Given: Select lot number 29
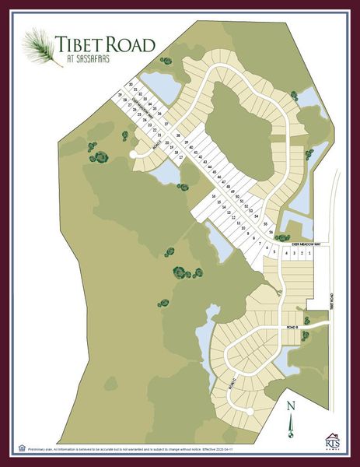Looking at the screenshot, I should click(x=121, y=94).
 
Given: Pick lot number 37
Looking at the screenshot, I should click(x=166, y=125).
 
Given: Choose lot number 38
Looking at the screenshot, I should click(x=178, y=135).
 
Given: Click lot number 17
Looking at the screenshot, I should click(x=180, y=157).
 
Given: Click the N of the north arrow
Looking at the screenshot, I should click(x=290, y=405).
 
